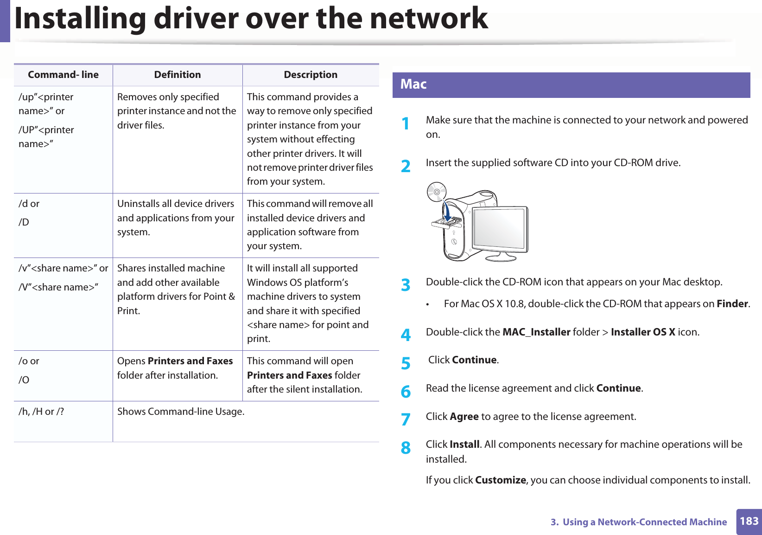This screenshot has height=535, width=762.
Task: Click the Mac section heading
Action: click(x=413, y=84)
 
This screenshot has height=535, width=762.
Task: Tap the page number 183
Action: click(x=749, y=521)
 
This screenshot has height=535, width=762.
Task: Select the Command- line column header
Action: click(x=63, y=75)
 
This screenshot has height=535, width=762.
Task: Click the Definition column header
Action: click(x=178, y=75)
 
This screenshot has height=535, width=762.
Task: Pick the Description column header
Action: click(x=311, y=75)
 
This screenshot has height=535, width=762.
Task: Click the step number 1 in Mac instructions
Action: click(x=406, y=124)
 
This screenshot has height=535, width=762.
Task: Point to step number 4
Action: click(x=406, y=335)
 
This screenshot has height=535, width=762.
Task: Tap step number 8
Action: click(x=406, y=448)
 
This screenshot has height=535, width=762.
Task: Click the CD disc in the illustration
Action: click(x=436, y=192)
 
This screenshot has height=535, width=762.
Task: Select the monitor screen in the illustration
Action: click(x=499, y=227)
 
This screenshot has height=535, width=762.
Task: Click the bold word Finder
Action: click(x=732, y=304)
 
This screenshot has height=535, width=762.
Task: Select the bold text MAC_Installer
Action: click(x=536, y=332)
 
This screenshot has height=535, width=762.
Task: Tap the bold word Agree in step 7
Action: click(x=464, y=417)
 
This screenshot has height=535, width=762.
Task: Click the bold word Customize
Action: click(x=501, y=480)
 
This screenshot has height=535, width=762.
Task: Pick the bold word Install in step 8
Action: click(x=464, y=445)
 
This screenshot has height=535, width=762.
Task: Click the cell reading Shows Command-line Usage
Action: click(x=181, y=412)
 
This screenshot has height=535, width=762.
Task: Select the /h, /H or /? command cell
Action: click(x=41, y=412)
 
